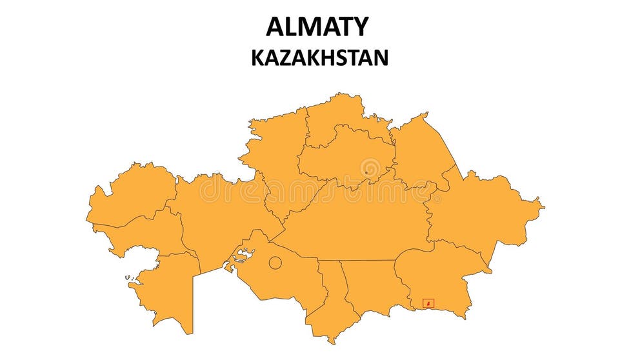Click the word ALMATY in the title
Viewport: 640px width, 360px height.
[x=317, y=27]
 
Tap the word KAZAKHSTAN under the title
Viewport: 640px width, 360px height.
[x=319, y=58]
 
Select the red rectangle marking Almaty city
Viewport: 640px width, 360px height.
[x=428, y=303]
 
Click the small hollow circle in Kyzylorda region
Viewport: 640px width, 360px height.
[x=275, y=263]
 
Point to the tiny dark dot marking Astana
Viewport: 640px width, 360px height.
[x=366, y=172]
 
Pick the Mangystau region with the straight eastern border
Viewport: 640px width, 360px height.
[x=165, y=290]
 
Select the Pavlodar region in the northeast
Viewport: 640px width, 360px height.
[x=419, y=152]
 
